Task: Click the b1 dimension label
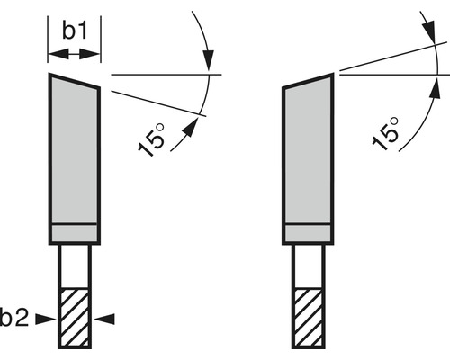coord(75,31)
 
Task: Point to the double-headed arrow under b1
coord(75,55)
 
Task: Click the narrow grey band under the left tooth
coord(75,233)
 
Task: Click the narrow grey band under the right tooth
coord(309,233)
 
